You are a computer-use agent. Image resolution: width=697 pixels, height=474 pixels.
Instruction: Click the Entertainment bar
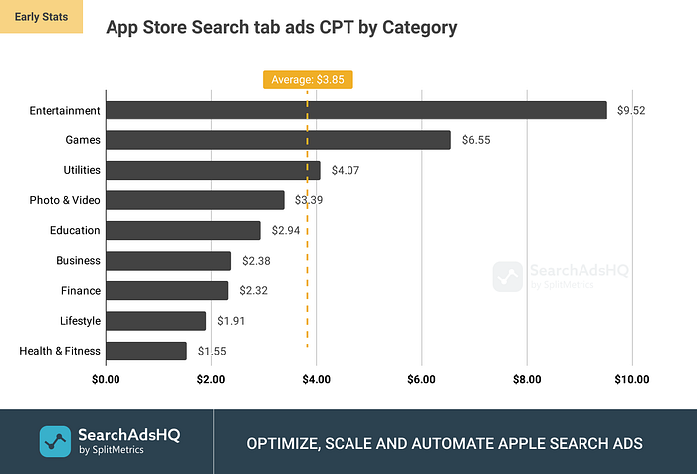(x=355, y=111)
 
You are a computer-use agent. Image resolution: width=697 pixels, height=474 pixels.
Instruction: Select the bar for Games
(x=278, y=140)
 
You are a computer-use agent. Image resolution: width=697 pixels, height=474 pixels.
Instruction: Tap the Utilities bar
(x=212, y=170)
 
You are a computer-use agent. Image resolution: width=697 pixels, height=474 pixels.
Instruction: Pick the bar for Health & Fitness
(x=145, y=351)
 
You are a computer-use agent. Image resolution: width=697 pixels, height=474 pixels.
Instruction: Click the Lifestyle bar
(x=155, y=321)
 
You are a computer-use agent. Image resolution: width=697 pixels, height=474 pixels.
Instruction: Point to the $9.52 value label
(x=631, y=111)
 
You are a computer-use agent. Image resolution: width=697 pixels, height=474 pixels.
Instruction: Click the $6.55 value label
(x=476, y=140)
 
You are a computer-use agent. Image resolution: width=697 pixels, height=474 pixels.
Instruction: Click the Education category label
(x=74, y=230)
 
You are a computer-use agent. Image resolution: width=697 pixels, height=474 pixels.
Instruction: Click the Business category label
(x=78, y=261)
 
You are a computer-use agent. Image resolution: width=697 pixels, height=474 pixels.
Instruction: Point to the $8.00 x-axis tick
(x=527, y=379)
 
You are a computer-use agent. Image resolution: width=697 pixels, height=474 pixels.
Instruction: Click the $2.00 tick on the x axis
(x=210, y=379)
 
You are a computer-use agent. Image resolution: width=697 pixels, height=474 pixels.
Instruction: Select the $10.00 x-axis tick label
(x=631, y=379)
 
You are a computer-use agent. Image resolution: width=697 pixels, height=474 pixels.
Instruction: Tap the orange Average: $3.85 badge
(x=308, y=79)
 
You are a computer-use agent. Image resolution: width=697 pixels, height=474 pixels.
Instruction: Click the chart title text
(x=281, y=28)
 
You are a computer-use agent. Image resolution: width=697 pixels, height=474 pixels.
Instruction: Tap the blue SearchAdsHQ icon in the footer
(x=54, y=441)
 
